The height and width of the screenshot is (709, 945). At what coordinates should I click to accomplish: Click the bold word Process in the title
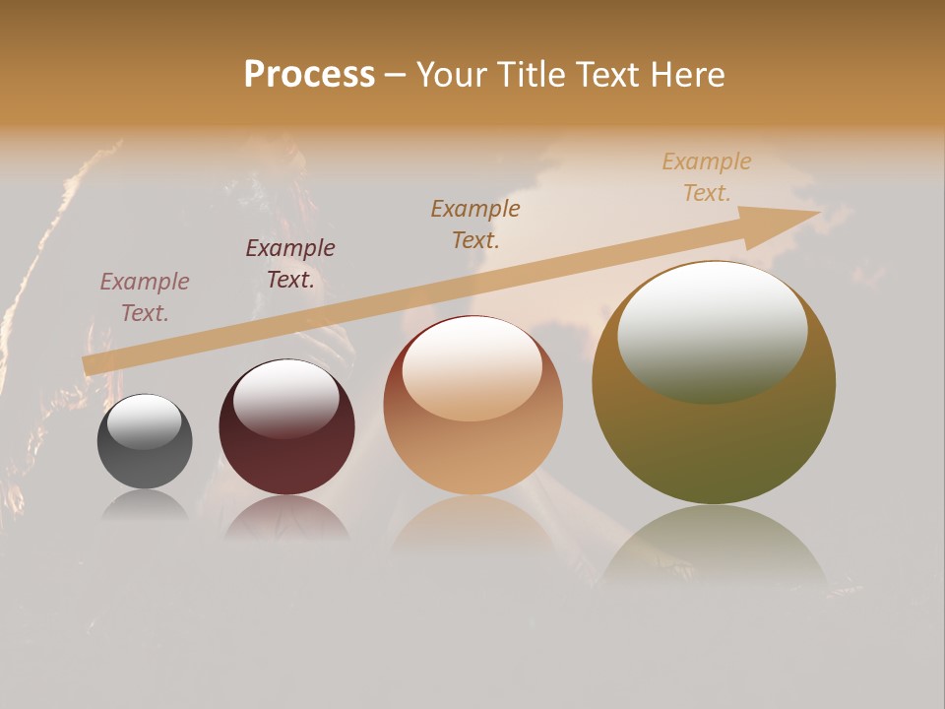(309, 75)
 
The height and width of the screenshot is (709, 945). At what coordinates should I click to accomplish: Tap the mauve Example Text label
(145, 297)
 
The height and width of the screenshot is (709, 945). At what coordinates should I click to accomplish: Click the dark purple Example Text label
(290, 264)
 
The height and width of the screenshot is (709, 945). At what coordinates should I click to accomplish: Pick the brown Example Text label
(475, 224)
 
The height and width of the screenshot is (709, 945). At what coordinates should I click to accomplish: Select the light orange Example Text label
(707, 177)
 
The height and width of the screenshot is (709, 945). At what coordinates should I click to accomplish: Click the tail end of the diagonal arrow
(91, 365)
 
